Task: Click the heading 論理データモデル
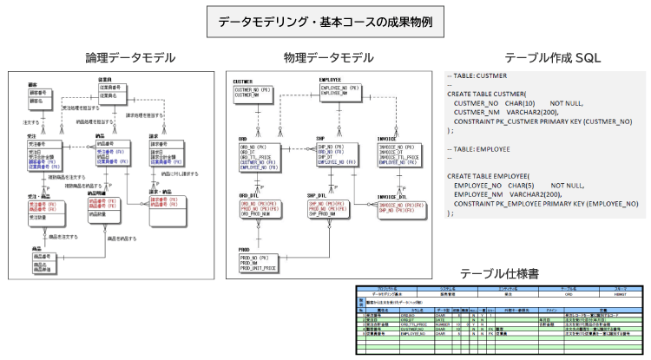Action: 131,58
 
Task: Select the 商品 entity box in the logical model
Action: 47,263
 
